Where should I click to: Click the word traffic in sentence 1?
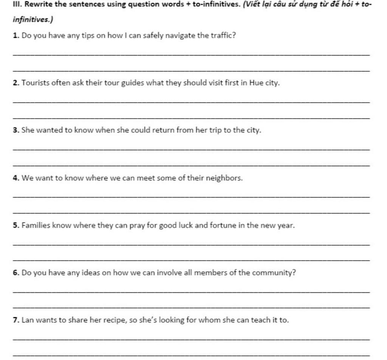coord(224,36)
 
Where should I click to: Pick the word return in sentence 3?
coord(163,131)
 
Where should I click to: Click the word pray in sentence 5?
coord(137,226)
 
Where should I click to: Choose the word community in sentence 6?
coord(274,273)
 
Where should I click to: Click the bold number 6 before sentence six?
coord(15,273)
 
